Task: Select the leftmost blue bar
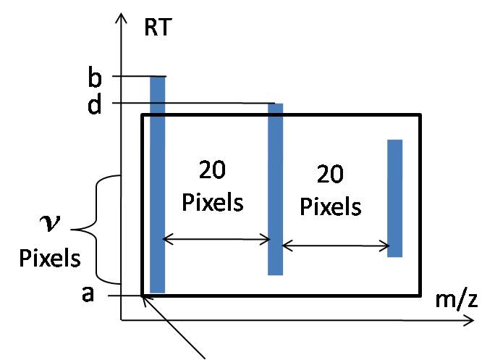[157, 185]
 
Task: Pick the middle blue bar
[276, 188]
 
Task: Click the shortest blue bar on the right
[394, 198]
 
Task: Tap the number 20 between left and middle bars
[212, 171]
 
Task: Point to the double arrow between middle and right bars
[335, 246]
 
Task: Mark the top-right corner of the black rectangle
[420, 114]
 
